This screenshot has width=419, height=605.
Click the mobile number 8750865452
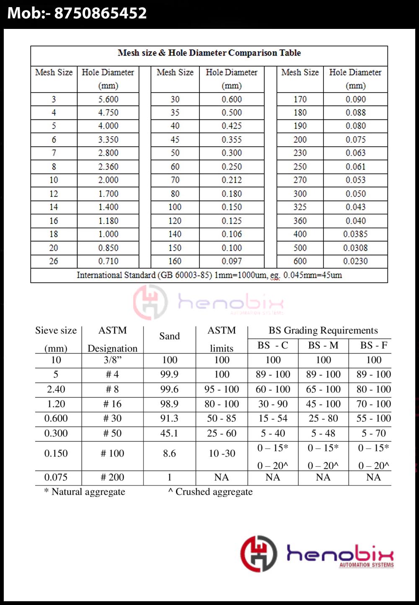[x=101, y=13]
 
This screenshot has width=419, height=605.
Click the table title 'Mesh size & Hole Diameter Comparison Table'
[x=209, y=53]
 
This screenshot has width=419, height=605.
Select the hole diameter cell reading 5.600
[x=108, y=99]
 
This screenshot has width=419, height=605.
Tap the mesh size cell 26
[x=54, y=261]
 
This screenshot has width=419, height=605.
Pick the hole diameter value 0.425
[x=232, y=126]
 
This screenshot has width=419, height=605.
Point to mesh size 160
[x=175, y=261]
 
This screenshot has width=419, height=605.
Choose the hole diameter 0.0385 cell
[x=355, y=234]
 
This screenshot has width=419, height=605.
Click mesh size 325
[x=300, y=207]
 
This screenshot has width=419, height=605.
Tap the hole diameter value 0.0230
[x=355, y=261]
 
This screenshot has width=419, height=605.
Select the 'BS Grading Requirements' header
[x=323, y=331]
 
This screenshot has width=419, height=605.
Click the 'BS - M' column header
[x=323, y=346]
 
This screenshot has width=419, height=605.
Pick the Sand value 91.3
[x=169, y=418]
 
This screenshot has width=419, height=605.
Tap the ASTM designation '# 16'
[x=112, y=404]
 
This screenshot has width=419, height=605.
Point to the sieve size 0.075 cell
[x=56, y=477]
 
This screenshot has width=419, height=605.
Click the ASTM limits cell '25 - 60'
[x=222, y=433]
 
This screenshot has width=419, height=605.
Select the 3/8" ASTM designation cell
[x=112, y=360]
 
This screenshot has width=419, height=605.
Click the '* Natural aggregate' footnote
[x=85, y=492]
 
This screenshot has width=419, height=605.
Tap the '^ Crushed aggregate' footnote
[x=210, y=492]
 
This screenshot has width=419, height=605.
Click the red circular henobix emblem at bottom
[x=259, y=553]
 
